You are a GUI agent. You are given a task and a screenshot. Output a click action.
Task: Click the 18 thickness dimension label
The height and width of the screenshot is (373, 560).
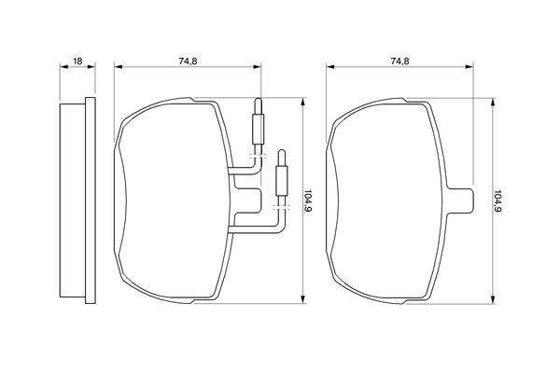point(77,62)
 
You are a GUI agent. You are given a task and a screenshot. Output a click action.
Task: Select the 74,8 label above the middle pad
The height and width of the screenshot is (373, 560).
point(188,62)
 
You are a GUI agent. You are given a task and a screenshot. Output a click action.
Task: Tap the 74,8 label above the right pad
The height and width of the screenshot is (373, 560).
point(400,62)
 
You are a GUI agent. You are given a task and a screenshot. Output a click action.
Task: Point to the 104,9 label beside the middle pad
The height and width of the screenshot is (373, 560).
point(307,201)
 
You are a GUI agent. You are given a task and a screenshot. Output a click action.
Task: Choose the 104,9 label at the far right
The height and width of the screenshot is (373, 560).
point(497,201)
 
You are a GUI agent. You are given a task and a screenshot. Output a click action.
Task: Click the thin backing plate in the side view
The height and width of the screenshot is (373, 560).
point(91,200)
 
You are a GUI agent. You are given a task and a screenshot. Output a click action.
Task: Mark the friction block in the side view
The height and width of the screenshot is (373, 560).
point(73,200)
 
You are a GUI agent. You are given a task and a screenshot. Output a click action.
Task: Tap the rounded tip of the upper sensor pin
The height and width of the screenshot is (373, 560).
point(258,101)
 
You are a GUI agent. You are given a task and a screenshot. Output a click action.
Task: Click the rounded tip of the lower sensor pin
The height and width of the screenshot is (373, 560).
point(282,153)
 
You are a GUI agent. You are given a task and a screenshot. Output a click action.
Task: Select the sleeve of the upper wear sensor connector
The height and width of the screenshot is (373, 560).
point(258,130)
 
